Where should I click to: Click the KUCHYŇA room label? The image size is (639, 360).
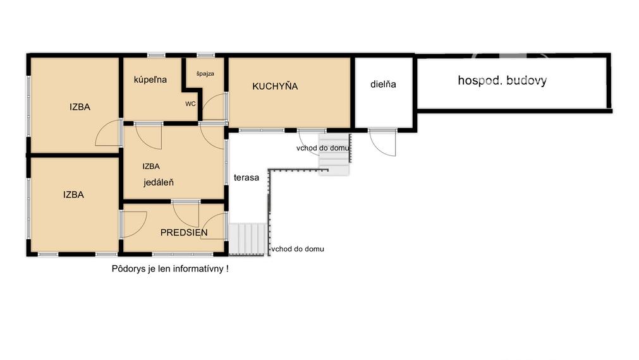[275, 86]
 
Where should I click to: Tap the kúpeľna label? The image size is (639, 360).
[150, 80]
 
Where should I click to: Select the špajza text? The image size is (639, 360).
[205, 74]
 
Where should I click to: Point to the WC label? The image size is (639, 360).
[190, 104]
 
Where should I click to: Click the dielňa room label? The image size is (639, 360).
[383, 84]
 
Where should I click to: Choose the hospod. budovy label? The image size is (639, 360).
[502, 80]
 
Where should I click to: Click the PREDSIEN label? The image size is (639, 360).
[184, 232]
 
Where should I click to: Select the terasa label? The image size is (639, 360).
[246, 177]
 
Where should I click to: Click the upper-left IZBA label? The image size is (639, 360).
[80, 107]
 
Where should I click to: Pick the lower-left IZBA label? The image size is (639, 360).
[73, 195]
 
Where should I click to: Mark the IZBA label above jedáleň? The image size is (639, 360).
[151, 167]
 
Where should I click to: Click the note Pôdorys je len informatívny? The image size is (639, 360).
[170, 268]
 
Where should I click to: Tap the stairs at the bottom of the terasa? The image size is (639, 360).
[247, 239]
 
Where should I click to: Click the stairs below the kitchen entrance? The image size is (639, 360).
[334, 153]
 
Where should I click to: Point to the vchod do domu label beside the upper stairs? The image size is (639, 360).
[323, 148]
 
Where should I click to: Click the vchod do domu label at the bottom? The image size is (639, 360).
[298, 249]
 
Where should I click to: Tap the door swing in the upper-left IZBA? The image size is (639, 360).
[108, 133]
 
